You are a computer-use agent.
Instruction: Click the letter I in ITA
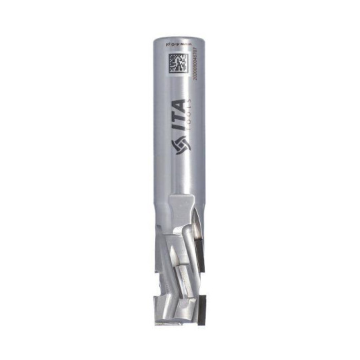click(178, 127)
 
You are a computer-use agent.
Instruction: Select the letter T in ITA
click(178, 115)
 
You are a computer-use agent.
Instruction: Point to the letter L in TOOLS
click(191, 105)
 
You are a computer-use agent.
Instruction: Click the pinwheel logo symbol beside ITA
click(178, 145)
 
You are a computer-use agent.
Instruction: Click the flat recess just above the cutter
click(175, 210)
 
